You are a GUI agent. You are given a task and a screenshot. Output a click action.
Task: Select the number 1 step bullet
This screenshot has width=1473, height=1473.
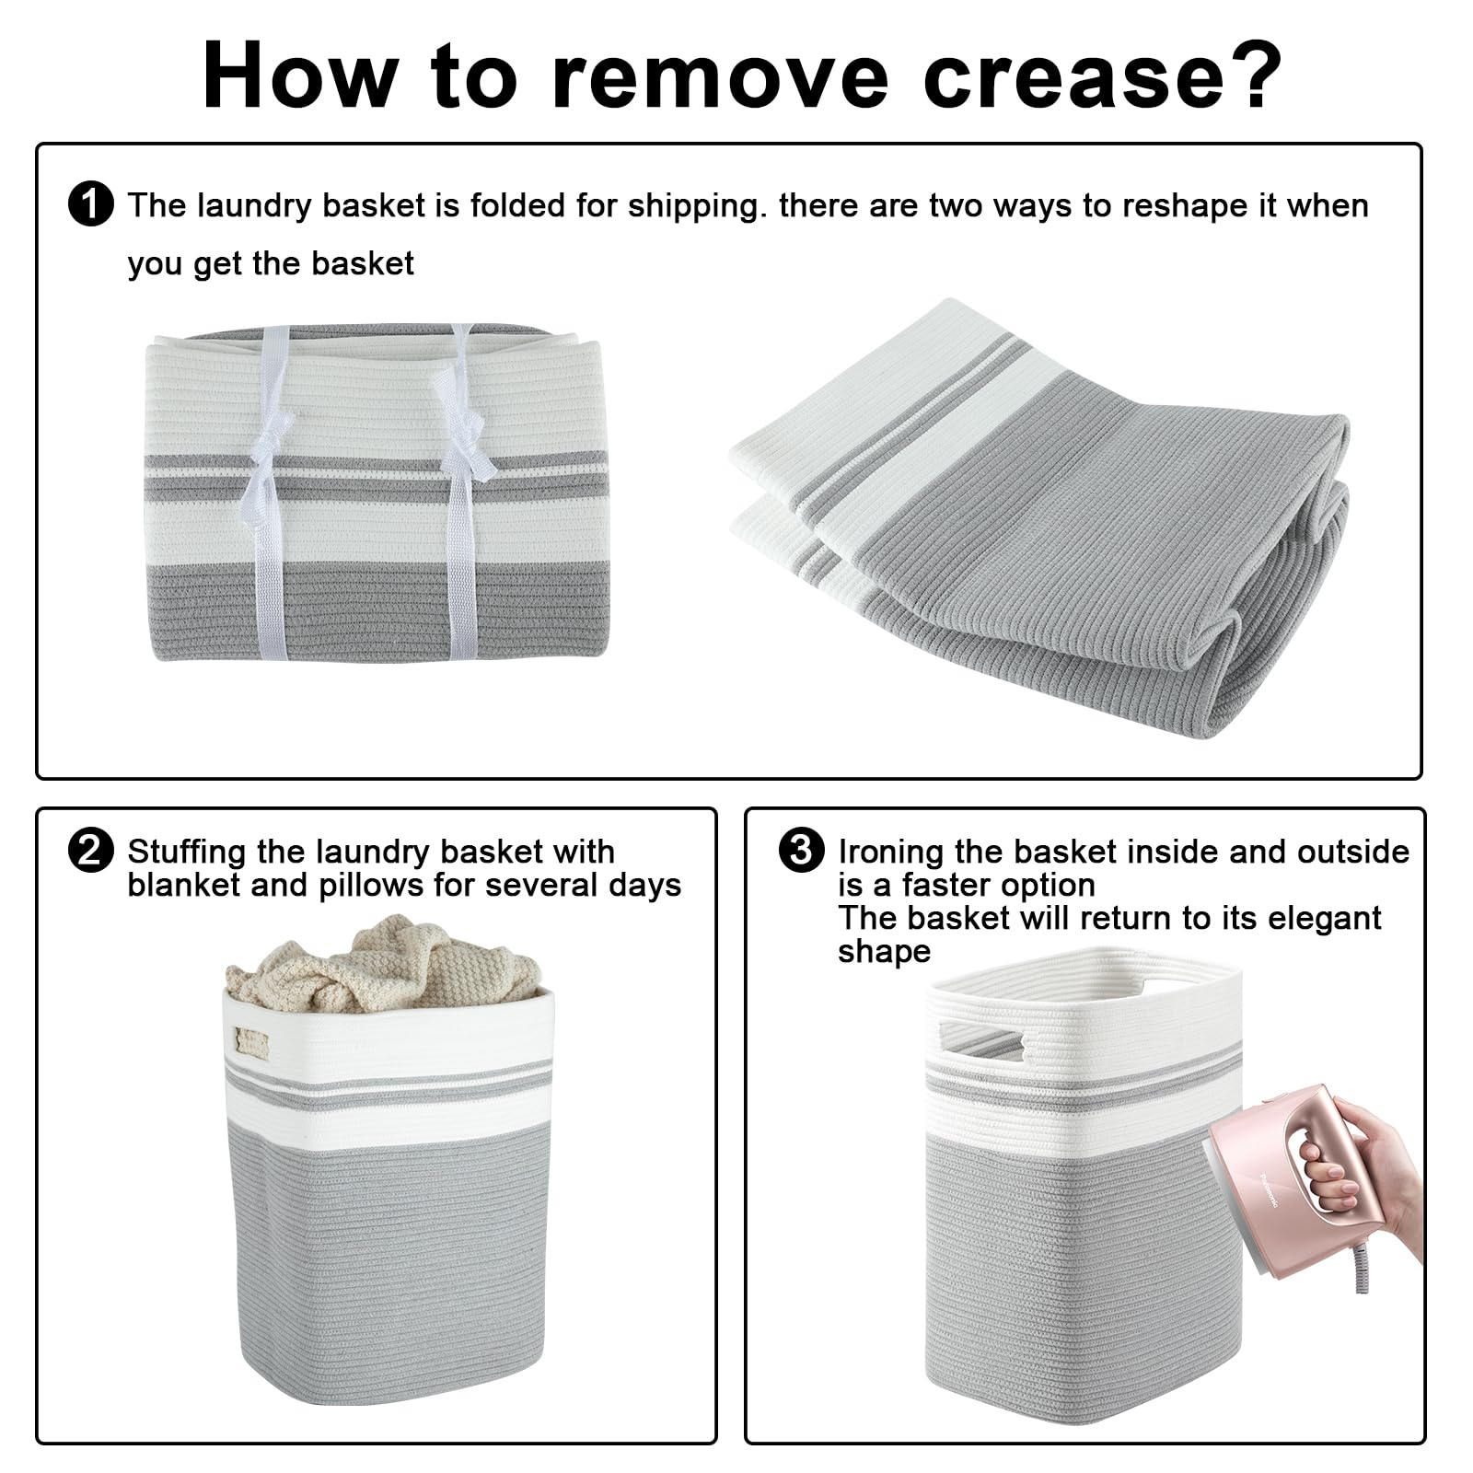point(90,204)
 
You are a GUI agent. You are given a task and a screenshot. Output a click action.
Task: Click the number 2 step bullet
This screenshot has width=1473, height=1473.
point(90,851)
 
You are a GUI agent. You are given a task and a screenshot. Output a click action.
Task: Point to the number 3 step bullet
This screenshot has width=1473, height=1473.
point(801,850)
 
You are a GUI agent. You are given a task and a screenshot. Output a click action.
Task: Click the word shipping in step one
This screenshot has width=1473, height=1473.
point(696,207)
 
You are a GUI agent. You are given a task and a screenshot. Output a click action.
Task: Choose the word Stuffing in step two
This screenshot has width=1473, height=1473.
point(189,853)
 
